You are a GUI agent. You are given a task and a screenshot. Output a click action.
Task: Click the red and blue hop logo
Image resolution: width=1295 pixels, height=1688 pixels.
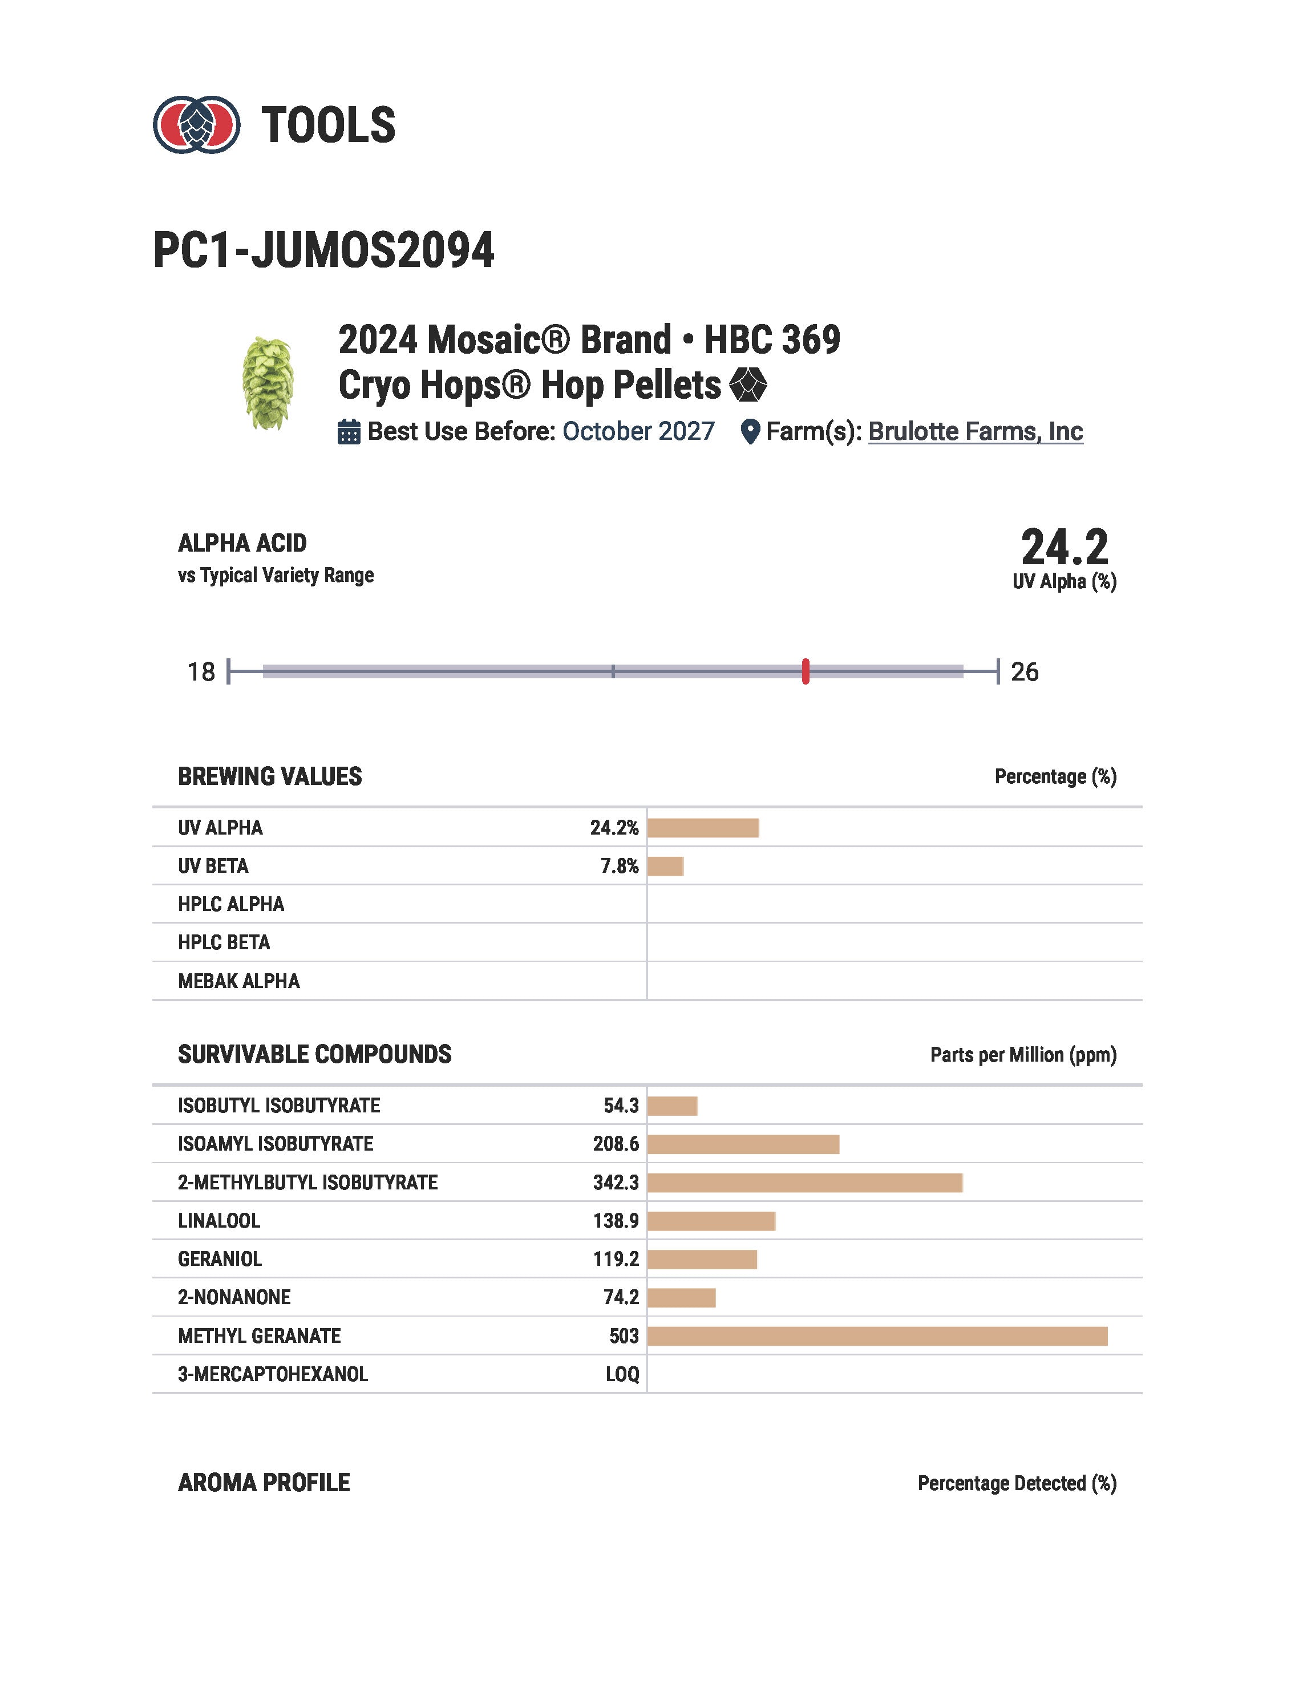click(197, 125)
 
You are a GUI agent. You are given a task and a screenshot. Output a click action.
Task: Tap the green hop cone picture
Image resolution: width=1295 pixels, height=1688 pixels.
click(268, 383)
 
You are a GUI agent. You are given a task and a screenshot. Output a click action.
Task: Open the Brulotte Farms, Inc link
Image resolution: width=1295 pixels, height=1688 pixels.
click(975, 432)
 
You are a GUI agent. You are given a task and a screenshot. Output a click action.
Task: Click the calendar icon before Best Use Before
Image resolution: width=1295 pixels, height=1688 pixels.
click(349, 432)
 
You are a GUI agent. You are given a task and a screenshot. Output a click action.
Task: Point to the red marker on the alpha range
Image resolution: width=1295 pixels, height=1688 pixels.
click(806, 671)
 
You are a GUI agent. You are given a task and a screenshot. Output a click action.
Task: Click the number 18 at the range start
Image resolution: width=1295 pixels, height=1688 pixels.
click(201, 672)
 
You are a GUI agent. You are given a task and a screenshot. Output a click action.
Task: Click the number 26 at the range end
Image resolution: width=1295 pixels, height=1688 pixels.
click(1025, 672)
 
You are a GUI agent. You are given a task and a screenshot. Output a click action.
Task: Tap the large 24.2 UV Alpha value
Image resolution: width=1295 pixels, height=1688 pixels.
click(1065, 548)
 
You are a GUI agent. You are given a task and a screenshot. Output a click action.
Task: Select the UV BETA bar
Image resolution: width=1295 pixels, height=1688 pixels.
click(665, 867)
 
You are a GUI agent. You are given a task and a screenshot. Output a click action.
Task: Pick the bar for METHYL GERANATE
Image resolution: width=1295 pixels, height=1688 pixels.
click(877, 1337)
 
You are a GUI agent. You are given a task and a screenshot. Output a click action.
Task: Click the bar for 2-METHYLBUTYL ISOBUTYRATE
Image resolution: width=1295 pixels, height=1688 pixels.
click(805, 1183)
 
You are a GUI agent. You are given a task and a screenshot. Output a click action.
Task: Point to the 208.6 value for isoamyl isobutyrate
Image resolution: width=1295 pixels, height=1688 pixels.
click(616, 1144)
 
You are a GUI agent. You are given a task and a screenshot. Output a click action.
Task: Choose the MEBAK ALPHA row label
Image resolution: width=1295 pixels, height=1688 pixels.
click(239, 981)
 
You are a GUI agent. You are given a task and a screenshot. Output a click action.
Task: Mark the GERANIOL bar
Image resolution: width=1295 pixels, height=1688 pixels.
click(702, 1260)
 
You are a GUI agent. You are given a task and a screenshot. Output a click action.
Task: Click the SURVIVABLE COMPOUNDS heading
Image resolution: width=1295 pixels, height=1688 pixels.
click(314, 1054)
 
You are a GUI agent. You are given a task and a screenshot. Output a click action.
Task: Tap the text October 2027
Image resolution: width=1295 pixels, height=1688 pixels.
click(638, 432)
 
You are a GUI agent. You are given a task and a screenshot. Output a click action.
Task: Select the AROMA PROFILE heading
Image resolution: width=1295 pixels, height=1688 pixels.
click(264, 1483)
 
